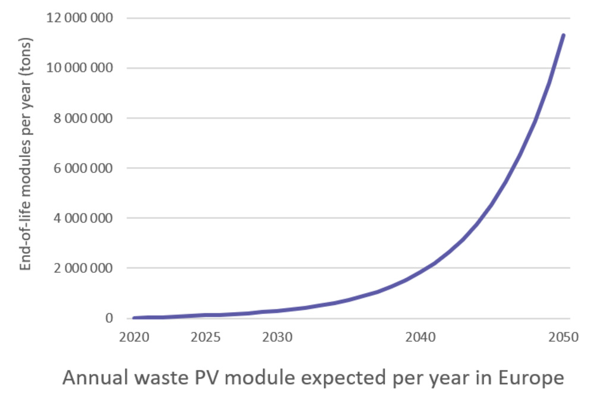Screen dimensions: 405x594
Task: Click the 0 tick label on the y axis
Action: point(109,318)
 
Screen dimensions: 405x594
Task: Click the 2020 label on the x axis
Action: point(134,338)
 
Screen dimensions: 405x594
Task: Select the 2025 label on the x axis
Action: point(206,338)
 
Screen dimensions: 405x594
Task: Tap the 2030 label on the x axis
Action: point(277,338)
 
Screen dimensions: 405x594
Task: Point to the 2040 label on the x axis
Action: point(421,338)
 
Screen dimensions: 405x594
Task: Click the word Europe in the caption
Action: point(533,378)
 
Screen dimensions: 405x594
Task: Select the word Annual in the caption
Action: point(93,378)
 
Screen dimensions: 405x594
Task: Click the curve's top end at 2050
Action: point(564,34)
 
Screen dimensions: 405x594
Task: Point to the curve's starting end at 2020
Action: point(134,317)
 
